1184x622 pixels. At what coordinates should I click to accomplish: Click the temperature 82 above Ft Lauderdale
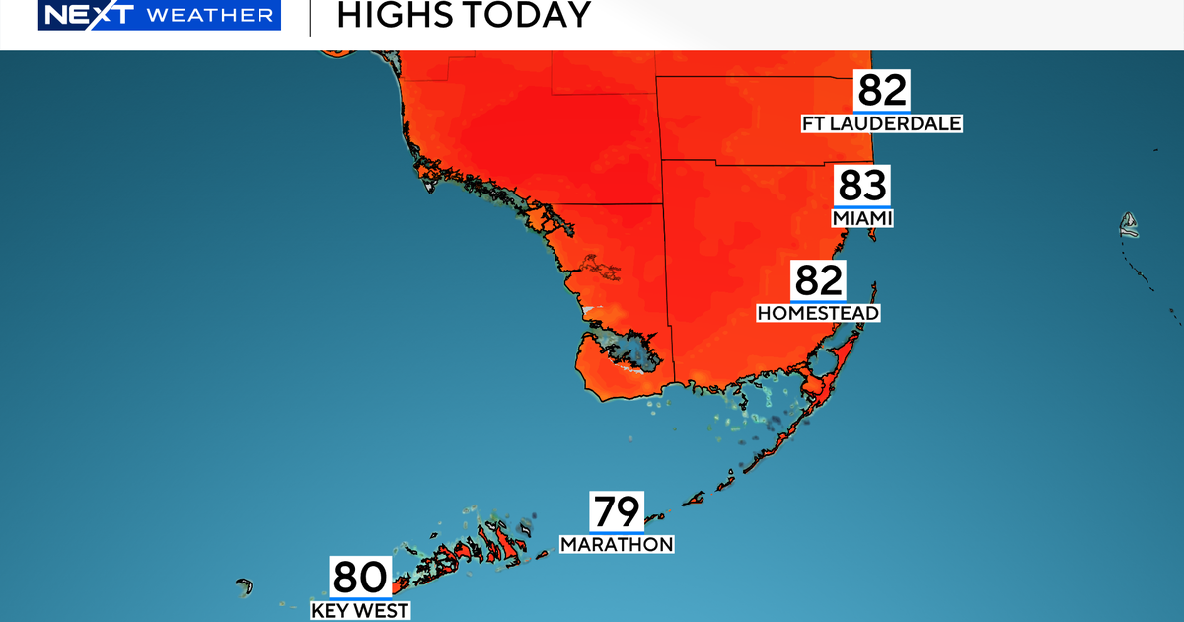point(881,91)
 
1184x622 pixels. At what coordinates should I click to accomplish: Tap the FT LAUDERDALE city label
point(881,123)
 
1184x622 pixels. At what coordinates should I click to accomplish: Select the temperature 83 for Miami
point(862,186)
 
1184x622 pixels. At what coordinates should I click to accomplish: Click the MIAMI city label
point(862,218)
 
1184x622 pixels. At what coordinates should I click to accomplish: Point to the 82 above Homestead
point(818,280)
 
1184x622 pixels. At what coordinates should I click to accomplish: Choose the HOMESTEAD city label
point(818,313)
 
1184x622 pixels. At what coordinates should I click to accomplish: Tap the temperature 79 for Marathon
point(617,511)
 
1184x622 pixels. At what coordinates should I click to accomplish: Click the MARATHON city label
point(617,544)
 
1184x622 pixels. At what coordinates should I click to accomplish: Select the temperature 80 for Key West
point(359,577)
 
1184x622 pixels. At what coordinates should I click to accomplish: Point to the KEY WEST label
point(359,610)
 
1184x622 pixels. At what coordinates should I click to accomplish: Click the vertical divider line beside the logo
point(311,17)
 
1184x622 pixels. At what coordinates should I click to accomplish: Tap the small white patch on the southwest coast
point(592,310)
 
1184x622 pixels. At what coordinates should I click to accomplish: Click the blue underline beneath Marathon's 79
point(617,532)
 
